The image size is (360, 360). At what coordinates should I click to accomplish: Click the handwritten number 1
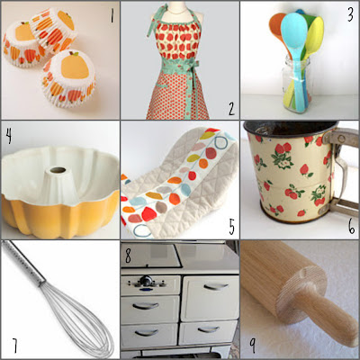pyautogui.click(x=112, y=16)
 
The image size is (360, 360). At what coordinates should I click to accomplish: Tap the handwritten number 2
pyautogui.click(x=231, y=109)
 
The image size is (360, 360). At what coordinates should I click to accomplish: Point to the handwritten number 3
pyautogui.click(x=350, y=14)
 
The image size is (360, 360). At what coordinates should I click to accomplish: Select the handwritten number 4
pyautogui.click(x=9, y=136)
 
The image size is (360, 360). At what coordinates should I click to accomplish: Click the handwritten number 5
pyautogui.click(x=231, y=227)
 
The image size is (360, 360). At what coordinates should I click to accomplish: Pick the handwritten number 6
pyautogui.click(x=352, y=227)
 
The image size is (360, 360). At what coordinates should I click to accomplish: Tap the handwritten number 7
pyautogui.click(x=14, y=346)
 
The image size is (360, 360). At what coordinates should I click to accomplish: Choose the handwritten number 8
pyautogui.click(x=128, y=256)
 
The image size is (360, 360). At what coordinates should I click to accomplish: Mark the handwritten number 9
pyautogui.click(x=253, y=346)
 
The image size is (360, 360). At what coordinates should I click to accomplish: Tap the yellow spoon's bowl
pyautogui.click(x=315, y=33)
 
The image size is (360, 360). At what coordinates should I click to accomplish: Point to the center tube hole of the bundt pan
pyautogui.click(x=58, y=170)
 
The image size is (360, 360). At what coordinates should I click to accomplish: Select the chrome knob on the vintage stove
pyautogui.click(x=146, y=281)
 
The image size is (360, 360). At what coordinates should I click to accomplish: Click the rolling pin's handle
pyautogui.click(x=326, y=312)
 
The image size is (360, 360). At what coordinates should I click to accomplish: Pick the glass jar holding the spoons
pyautogui.click(x=296, y=85)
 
